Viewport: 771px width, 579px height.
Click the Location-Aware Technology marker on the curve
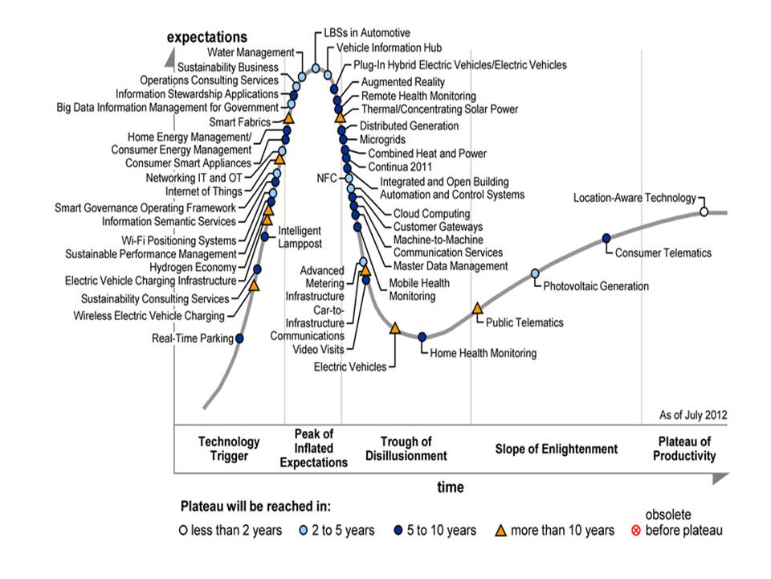(704, 211)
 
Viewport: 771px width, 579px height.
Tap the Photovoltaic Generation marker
(536, 274)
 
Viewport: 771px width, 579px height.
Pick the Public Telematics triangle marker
(477, 308)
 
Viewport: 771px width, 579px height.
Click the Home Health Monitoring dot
(422, 336)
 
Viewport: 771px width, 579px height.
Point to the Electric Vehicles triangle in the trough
(394, 328)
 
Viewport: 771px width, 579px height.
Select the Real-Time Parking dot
(239, 338)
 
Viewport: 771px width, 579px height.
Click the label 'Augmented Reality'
(402, 82)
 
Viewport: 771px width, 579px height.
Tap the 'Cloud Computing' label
(431, 214)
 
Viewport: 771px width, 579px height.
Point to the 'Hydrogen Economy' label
(194, 267)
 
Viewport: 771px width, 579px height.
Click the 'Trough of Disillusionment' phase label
(406, 449)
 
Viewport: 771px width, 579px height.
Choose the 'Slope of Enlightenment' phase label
(557, 449)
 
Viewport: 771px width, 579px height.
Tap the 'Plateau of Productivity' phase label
(685, 449)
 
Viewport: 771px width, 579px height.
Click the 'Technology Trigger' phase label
(229, 449)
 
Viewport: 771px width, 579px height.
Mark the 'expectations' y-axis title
(207, 37)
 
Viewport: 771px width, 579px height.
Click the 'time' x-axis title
(451, 487)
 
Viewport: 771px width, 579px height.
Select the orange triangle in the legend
(499, 530)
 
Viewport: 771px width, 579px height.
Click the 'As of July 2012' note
(693, 415)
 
